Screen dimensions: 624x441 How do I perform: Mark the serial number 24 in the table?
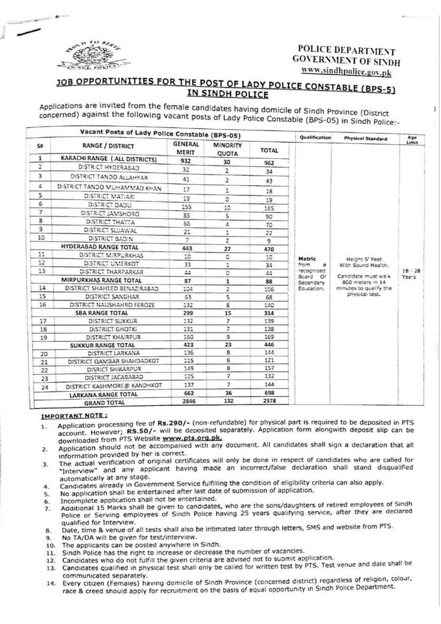[44, 386]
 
